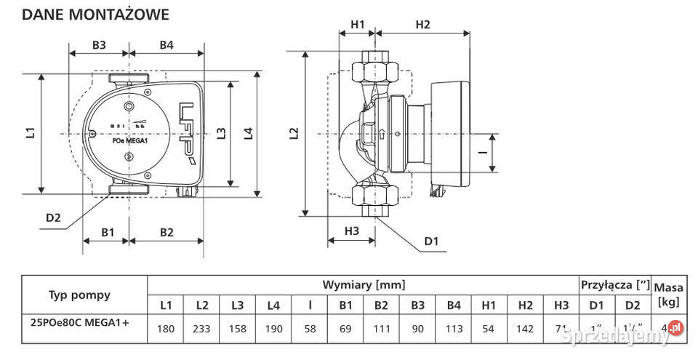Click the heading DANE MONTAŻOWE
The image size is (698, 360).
pyautogui.click(x=96, y=14)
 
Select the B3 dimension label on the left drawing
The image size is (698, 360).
pyautogui.click(x=99, y=45)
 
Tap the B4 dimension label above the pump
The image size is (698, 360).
pyautogui.click(x=167, y=45)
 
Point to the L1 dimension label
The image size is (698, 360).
pyautogui.click(x=30, y=133)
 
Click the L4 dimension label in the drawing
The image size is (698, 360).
pyautogui.click(x=248, y=133)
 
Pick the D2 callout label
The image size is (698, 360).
pyautogui.click(x=53, y=216)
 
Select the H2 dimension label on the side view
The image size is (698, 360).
pyautogui.click(x=422, y=24)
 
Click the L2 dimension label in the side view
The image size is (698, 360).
pyautogui.click(x=293, y=133)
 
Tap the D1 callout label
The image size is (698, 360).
pyautogui.click(x=432, y=241)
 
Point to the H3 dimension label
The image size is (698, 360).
pyautogui.click(x=351, y=231)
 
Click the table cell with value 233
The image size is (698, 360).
pyautogui.click(x=202, y=329)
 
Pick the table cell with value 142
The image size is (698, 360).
pyautogui.click(x=525, y=329)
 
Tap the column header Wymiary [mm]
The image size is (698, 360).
pyautogui.click(x=364, y=284)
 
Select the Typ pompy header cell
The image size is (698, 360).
pyautogui.click(x=80, y=295)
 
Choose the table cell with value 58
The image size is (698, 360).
pyautogui.click(x=310, y=329)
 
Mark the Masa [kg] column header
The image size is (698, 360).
pyautogui.click(x=668, y=295)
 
